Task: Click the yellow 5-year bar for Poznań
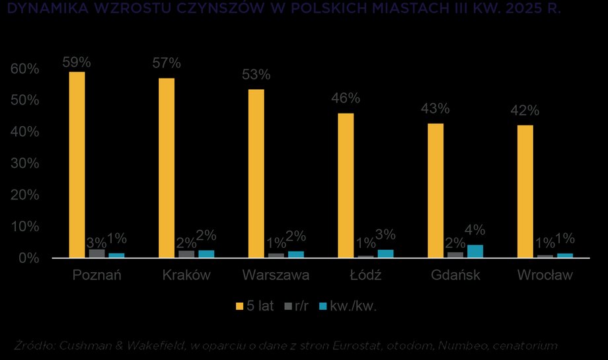tap(77, 164)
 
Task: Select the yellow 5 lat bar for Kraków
tap(167, 168)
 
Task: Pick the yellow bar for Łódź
tap(346, 185)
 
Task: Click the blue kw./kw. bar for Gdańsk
tap(475, 251)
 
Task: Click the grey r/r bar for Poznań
tap(97, 253)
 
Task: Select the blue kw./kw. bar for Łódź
tap(385, 253)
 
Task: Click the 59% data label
tap(77, 63)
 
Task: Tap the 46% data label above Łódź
tap(346, 98)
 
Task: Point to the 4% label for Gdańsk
tap(475, 231)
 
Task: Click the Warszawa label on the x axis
tap(276, 275)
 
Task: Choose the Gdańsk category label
tap(455, 275)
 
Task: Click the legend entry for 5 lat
tap(254, 306)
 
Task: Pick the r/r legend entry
tap(295, 306)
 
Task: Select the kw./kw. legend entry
tap(348, 306)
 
